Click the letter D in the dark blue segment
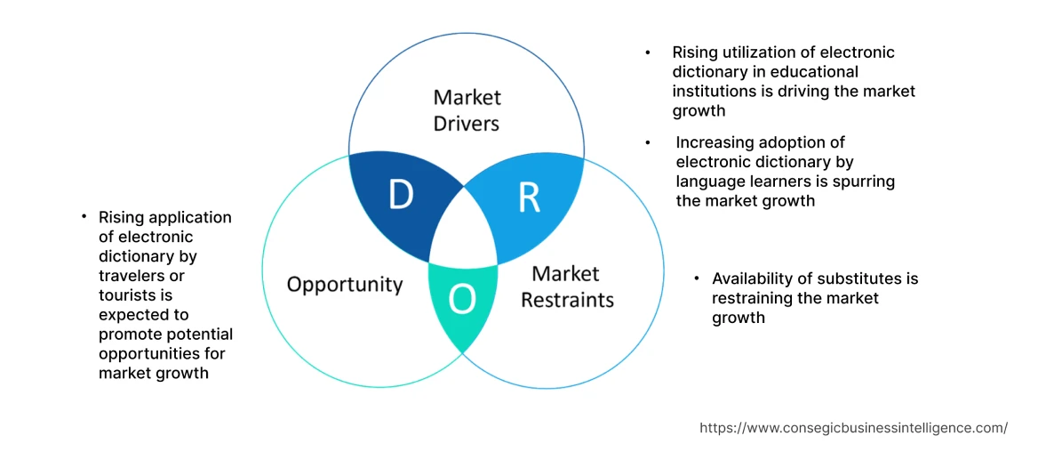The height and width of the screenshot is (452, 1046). click(401, 196)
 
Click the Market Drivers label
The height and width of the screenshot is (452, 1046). click(467, 110)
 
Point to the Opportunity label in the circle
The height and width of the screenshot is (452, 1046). click(345, 285)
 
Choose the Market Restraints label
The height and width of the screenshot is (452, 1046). click(567, 287)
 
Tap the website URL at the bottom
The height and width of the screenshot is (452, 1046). click(853, 428)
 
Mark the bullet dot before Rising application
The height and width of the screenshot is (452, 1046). click(84, 216)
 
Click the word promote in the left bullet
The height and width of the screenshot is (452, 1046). click(131, 334)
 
